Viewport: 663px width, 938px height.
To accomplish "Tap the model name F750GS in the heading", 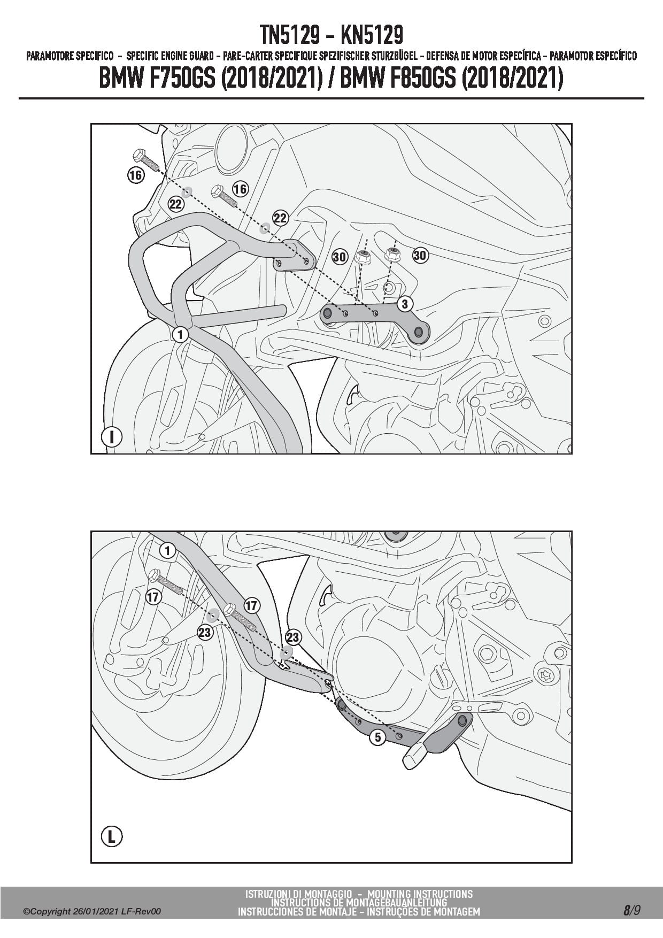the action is point(179,79).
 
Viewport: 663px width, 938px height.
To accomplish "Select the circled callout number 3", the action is point(405,304).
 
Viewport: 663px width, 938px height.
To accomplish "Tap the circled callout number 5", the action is point(377,737).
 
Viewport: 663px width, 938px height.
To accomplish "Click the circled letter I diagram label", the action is point(111,436).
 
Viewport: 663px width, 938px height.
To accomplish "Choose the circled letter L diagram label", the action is point(111,836).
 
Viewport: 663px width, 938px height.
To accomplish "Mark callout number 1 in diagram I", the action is point(180,334).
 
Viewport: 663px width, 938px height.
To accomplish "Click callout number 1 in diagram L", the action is point(167,550).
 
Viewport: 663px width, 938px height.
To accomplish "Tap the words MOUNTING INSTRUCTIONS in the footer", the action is point(420,894).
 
